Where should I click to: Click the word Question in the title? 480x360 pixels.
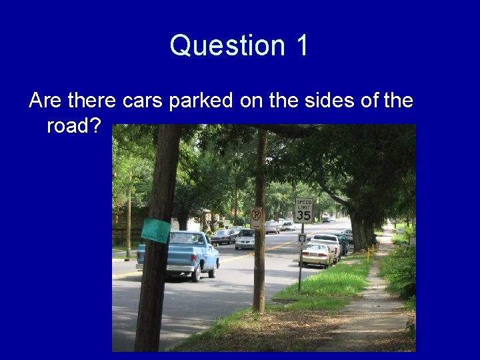227,46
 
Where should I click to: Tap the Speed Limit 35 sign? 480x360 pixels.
303,211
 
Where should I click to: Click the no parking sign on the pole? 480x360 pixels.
257,215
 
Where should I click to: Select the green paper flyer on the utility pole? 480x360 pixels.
156,230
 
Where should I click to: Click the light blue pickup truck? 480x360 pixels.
180,255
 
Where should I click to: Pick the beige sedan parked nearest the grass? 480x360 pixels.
316,254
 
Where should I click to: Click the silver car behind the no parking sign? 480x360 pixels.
245,239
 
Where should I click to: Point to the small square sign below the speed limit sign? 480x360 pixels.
302,238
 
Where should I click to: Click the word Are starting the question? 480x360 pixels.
45,101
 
